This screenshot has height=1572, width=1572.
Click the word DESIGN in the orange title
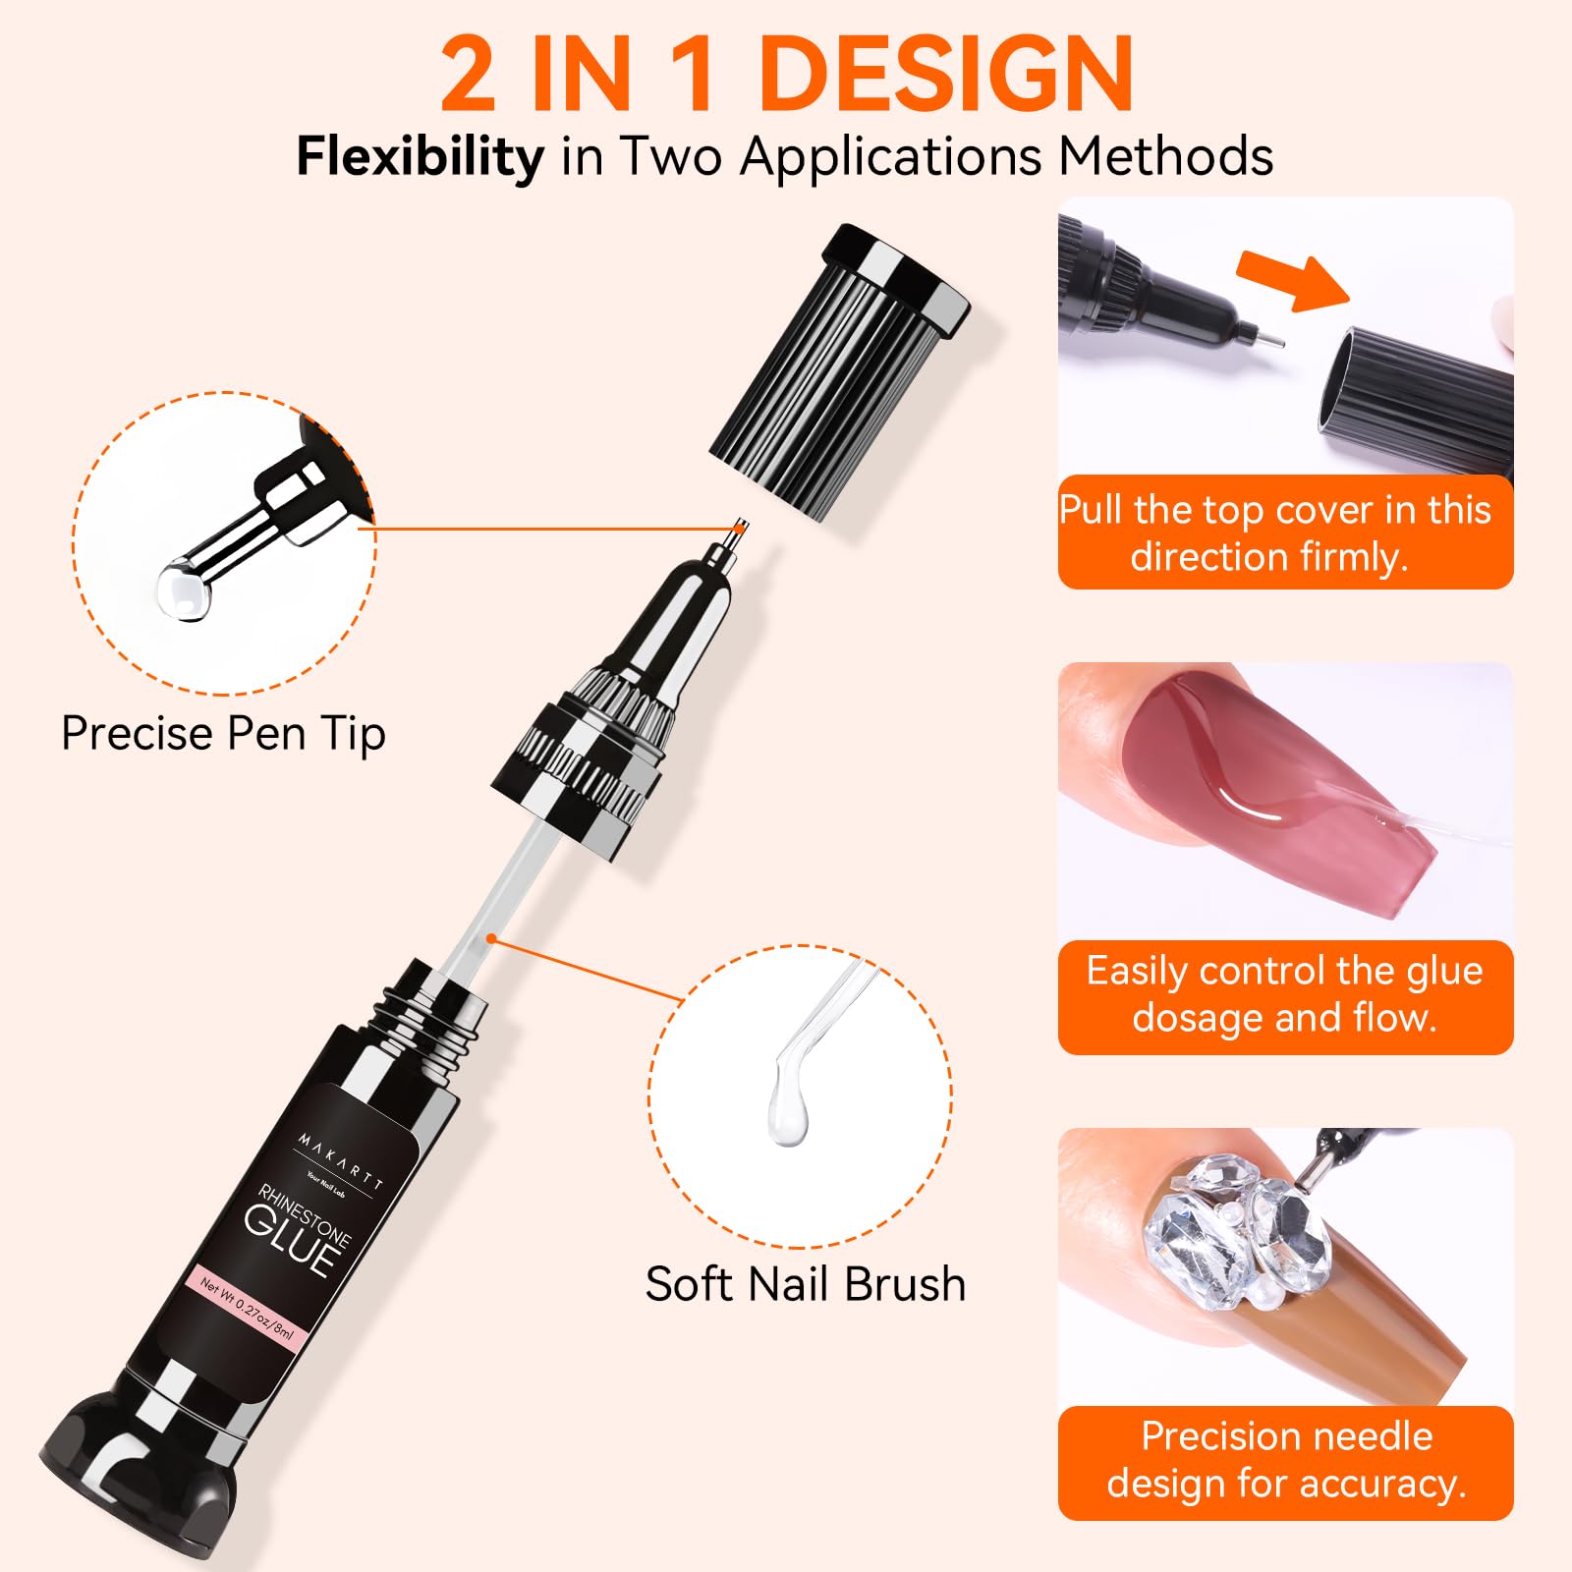(x=945, y=75)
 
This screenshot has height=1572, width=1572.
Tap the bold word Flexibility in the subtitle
(x=420, y=157)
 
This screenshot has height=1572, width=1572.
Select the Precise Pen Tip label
(x=223, y=734)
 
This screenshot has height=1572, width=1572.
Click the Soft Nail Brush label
(x=805, y=1284)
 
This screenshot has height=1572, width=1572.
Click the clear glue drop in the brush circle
(x=789, y=1115)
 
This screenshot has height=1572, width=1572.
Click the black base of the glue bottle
(x=138, y=1474)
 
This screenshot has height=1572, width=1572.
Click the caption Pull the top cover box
(x=1284, y=533)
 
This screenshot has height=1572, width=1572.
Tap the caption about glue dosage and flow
(x=1284, y=995)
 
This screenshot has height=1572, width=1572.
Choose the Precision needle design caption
(x=1284, y=1461)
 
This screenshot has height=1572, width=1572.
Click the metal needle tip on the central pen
(x=739, y=530)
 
